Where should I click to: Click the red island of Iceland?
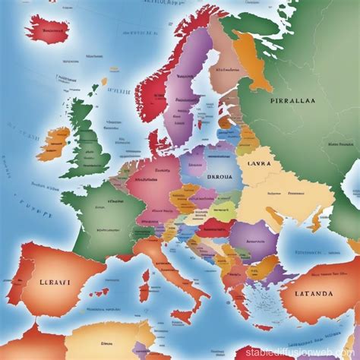(53, 30)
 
